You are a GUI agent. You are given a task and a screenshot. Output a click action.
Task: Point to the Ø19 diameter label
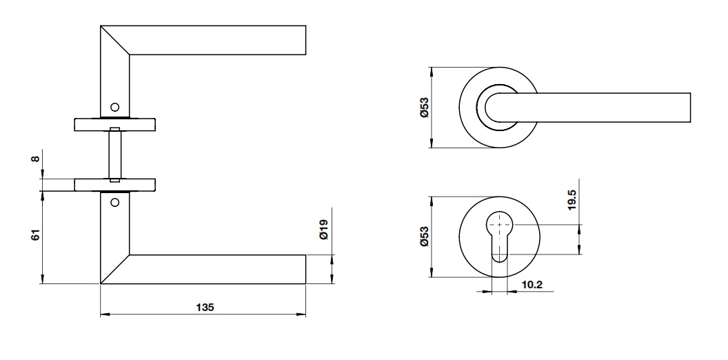click(x=323, y=229)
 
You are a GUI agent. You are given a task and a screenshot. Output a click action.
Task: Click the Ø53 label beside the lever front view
click(x=425, y=108)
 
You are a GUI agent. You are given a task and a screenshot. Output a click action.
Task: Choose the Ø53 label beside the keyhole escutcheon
click(x=425, y=238)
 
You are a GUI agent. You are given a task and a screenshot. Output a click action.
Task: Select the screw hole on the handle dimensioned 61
click(x=114, y=203)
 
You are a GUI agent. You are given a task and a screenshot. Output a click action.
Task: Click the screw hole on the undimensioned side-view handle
click(x=114, y=107)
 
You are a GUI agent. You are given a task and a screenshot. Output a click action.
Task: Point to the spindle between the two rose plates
click(x=114, y=154)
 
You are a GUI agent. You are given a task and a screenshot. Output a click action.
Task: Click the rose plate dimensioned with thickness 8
click(x=114, y=184)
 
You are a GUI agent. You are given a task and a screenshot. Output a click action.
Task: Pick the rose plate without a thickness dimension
click(x=114, y=124)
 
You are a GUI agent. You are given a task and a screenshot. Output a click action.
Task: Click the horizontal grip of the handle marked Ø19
click(x=221, y=269)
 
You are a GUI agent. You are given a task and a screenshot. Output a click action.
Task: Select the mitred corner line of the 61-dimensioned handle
click(x=114, y=269)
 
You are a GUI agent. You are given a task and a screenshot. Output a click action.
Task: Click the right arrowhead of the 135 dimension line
click(x=303, y=315)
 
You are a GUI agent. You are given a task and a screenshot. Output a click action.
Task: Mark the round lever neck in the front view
click(x=498, y=108)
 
